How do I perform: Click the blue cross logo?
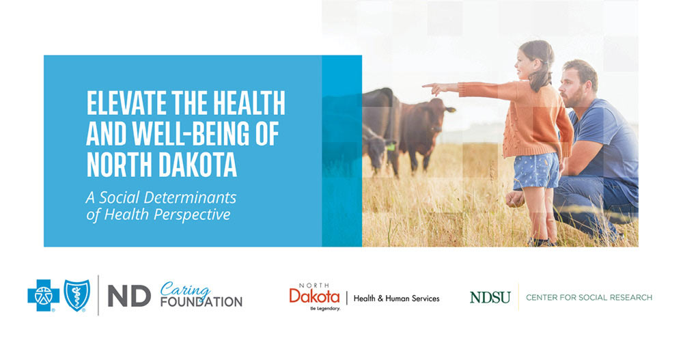[44, 296]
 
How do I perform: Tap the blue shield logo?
[77, 296]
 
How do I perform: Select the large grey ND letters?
[129, 296]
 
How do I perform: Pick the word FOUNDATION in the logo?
[201, 302]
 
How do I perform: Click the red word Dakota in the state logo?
[314, 296]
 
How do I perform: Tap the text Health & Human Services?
[396, 299]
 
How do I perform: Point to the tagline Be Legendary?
[325, 309]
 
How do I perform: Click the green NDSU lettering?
[490, 298]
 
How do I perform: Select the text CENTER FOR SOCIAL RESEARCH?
[589, 298]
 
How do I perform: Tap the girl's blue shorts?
[536, 171]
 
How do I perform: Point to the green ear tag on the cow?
[391, 147]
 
